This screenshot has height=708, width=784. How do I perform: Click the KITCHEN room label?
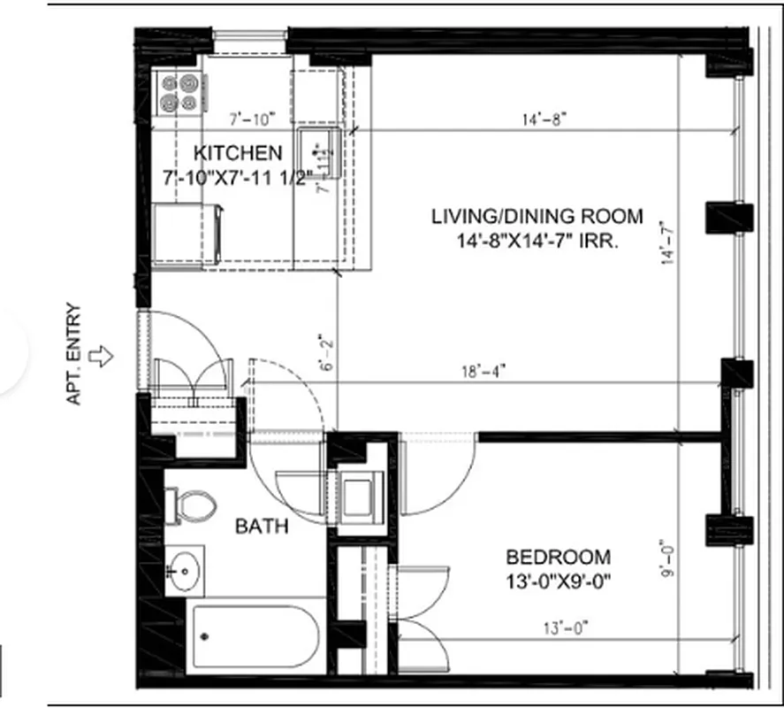(x=239, y=152)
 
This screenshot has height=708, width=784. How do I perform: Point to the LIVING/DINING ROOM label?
(x=537, y=217)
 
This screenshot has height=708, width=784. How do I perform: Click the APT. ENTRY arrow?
(x=104, y=357)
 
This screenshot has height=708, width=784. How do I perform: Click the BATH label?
(x=261, y=527)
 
